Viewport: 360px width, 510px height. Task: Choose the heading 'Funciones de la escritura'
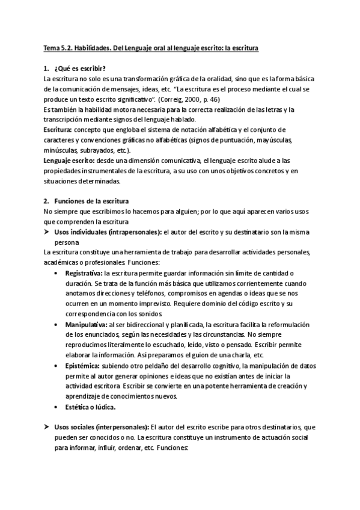[96, 201]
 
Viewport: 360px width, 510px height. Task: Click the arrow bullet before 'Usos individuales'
[47, 232]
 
